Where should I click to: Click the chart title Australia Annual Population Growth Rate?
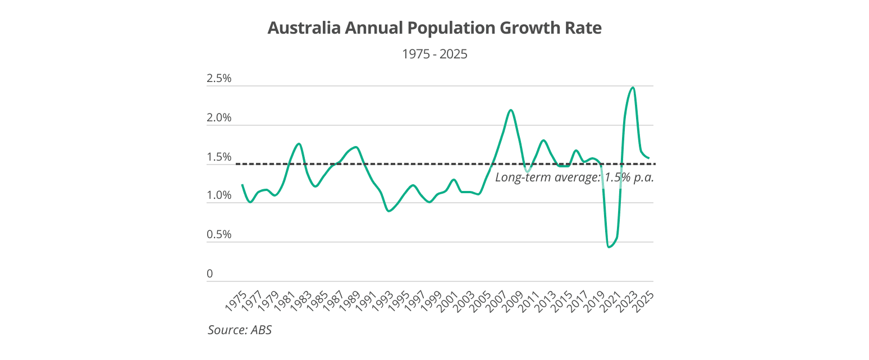(x=434, y=28)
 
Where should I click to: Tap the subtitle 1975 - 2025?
(x=434, y=54)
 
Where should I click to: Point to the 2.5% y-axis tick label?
(x=219, y=79)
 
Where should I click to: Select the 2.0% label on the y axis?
(x=219, y=118)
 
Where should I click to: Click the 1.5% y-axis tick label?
(x=219, y=157)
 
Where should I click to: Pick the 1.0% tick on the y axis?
(x=219, y=196)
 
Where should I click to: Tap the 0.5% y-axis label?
(x=219, y=235)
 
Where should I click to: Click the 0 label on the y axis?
(x=210, y=274)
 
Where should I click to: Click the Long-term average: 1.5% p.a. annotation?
(x=575, y=177)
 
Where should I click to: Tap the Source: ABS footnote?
(x=240, y=330)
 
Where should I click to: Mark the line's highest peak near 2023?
(x=633, y=88)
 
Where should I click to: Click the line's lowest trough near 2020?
(x=609, y=247)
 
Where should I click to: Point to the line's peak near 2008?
(x=510, y=110)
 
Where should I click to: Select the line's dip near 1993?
(x=388, y=211)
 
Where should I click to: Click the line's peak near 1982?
(x=299, y=144)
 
